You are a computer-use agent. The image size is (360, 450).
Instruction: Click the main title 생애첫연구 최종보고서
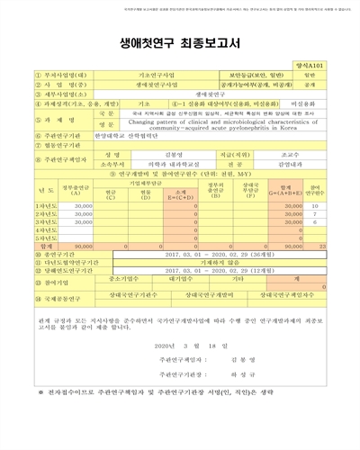[x=180, y=40]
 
